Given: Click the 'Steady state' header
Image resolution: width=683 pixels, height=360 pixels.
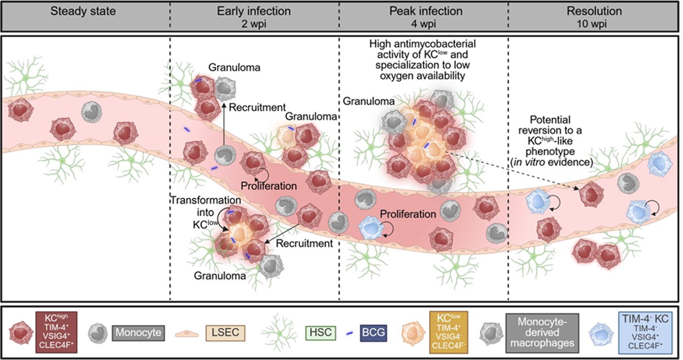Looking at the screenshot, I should [83, 11].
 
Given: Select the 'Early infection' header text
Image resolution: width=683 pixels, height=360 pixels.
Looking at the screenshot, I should [254, 11].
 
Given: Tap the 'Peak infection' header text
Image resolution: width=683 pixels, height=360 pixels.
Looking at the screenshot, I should [426, 11].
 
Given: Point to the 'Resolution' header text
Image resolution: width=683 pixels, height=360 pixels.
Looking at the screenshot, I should [594, 11].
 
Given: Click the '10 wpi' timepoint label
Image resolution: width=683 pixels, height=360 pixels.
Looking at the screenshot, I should [592, 24].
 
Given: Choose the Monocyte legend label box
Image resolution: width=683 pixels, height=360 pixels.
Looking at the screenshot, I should [138, 333].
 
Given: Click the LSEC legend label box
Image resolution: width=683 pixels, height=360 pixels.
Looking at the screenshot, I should [225, 333].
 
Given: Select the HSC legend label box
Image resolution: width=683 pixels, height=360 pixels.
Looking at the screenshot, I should [320, 333].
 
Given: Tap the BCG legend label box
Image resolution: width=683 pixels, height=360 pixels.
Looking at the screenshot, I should [373, 333].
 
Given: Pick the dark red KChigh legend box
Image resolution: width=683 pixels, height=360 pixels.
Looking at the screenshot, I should [56, 332].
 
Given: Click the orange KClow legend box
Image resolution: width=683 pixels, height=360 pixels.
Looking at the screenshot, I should [448, 332].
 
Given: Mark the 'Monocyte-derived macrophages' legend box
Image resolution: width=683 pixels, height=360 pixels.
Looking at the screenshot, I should [542, 332].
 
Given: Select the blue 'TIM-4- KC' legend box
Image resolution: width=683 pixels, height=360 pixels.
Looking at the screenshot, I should [645, 332].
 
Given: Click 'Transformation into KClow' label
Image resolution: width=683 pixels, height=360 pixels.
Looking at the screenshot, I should [205, 212].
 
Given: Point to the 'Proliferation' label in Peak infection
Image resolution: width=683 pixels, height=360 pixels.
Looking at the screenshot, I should [408, 214].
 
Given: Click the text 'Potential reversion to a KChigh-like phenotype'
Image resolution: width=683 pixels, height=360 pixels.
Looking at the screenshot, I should [550, 141].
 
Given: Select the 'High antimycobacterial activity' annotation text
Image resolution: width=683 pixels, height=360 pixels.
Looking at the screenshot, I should [422, 60].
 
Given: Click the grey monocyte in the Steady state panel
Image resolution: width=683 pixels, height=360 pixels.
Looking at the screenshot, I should [91, 112].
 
